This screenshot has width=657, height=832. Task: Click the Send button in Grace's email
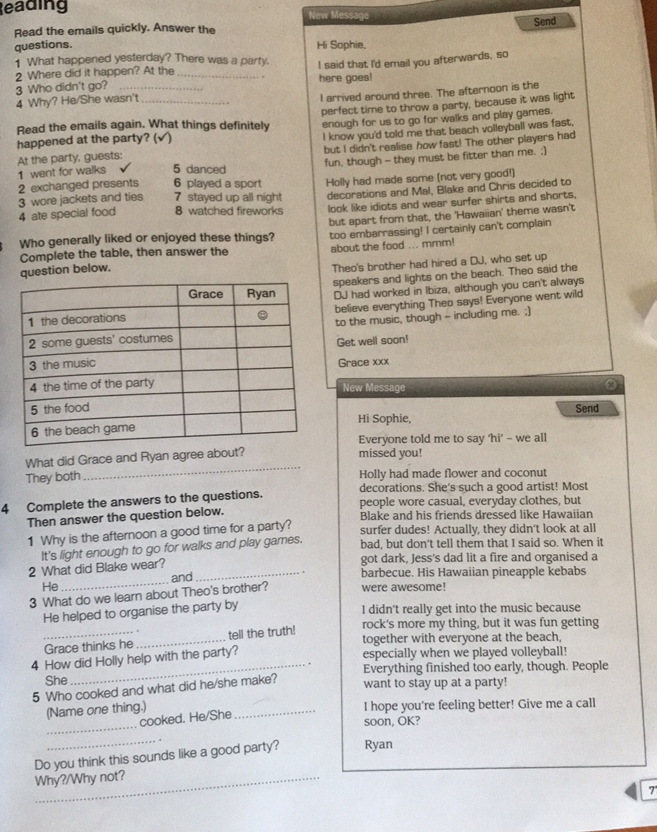click(545, 22)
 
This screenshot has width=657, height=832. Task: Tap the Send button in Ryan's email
click(587, 409)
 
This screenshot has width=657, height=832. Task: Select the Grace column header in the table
click(205, 294)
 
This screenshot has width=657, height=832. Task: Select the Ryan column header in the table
click(261, 293)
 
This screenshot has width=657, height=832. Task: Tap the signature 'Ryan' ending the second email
click(379, 745)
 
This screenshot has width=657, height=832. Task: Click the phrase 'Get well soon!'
click(372, 340)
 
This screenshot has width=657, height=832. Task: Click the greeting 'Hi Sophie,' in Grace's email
click(341, 45)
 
